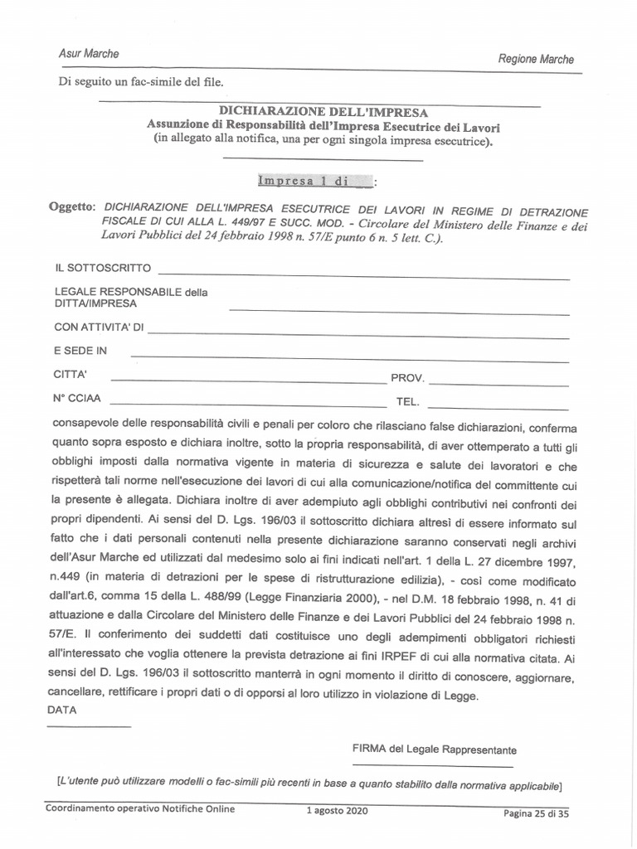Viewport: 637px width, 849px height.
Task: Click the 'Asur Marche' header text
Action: pos(89,53)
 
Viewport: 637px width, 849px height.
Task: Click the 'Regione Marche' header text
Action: pos(535,59)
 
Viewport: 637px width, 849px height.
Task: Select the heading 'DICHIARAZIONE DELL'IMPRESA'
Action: pos(323,111)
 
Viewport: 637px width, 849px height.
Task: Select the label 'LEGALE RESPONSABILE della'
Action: pos(131,292)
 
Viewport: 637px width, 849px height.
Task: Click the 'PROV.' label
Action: pos(408,378)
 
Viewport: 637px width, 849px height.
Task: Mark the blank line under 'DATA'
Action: pos(90,727)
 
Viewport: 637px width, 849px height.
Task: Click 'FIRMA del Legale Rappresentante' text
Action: pos(434,750)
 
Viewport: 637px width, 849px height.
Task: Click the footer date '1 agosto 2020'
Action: pos(337,810)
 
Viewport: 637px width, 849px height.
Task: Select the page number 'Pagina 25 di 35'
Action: pos(537,813)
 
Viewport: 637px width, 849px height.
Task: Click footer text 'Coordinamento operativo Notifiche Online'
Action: pos(140,808)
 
